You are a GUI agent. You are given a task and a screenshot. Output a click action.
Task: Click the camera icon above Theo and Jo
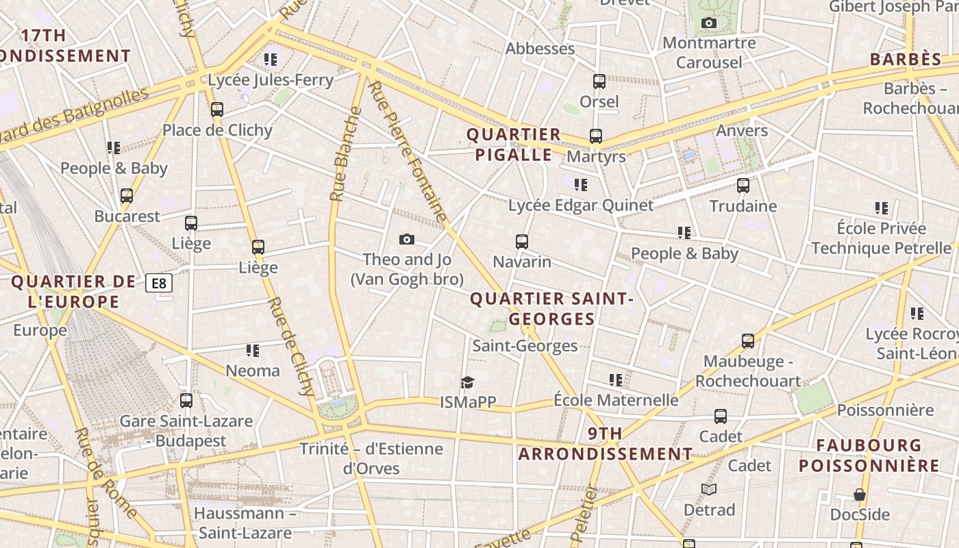(407, 239)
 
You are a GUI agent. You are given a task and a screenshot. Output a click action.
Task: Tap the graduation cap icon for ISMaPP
(467, 382)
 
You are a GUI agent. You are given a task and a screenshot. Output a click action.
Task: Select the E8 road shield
(159, 283)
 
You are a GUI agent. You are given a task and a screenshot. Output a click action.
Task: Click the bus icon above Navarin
(522, 241)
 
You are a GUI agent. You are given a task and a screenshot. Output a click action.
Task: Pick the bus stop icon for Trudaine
(743, 185)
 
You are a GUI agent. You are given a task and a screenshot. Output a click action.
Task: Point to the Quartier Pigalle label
(514, 145)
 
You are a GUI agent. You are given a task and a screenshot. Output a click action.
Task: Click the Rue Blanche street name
(345, 154)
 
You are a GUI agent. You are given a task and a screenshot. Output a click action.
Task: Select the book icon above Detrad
(709, 489)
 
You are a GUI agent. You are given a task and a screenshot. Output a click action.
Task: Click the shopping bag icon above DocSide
(860, 494)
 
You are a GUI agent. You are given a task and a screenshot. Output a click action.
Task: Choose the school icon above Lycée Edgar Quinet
(581, 184)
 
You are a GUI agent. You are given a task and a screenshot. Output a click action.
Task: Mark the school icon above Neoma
(253, 351)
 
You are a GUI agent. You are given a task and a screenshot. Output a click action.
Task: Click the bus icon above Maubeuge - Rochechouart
(748, 340)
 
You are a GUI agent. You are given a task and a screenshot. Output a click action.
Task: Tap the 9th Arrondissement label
(606, 444)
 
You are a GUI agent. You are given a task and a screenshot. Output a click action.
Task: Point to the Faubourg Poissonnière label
(869, 456)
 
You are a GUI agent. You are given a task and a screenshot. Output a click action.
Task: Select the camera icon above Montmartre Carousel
(709, 23)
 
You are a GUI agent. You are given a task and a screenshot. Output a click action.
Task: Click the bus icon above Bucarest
(127, 196)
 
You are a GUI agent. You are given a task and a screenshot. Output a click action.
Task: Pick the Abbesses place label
(540, 49)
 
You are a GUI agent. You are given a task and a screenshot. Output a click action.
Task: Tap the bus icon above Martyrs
(596, 136)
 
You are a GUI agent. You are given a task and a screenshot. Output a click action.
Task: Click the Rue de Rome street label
(105, 473)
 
